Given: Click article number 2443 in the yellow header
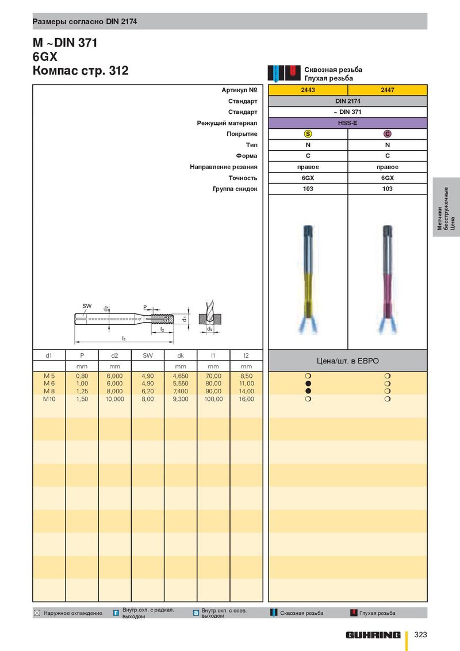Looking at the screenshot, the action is (308, 90).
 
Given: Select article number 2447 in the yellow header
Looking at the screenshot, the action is (388, 90).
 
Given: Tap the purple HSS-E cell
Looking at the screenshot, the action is (347, 123).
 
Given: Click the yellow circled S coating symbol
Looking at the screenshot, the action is (308, 133).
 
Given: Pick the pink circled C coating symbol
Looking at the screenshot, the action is (388, 133).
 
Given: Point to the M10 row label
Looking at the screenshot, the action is (49, 399).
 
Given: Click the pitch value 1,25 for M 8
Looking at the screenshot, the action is (82, 391).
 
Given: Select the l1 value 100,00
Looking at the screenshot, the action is (213, 399).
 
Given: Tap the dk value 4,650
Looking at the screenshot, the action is (181, 376).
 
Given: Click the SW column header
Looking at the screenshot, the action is (148, 355).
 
